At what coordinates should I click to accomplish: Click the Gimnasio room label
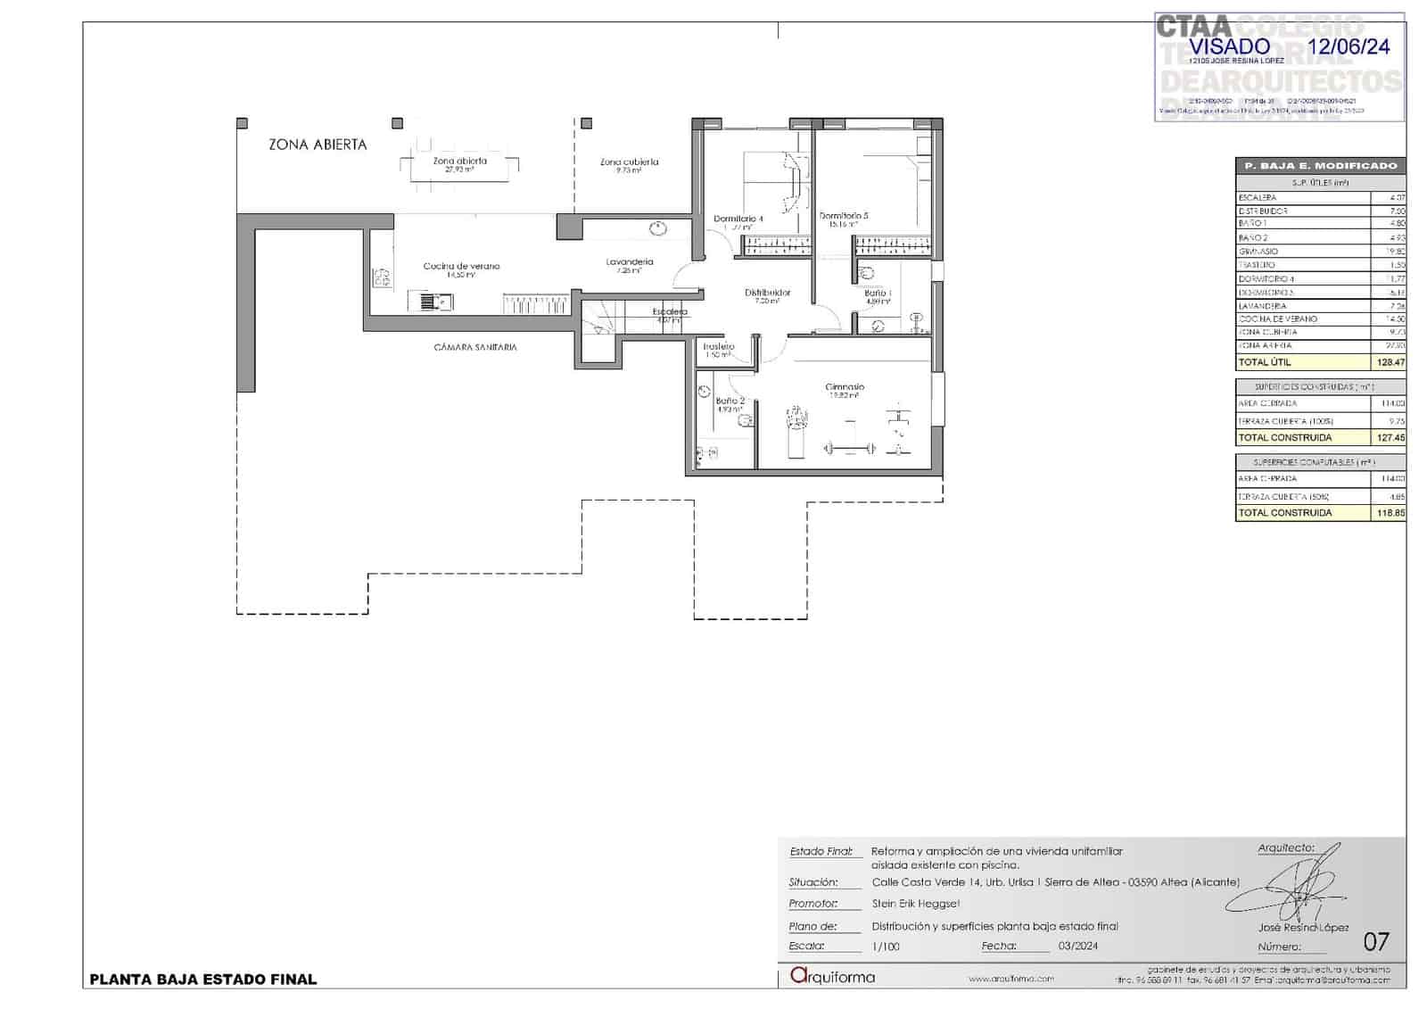844,387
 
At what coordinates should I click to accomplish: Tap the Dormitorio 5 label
843,215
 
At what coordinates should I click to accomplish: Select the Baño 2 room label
730,401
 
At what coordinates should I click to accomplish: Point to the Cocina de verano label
461,266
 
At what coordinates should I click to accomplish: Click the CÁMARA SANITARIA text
475,347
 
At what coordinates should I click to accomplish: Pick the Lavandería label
630,261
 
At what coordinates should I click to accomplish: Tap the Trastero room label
718,346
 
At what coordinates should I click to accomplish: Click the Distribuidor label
767,293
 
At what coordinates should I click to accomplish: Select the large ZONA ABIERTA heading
318,145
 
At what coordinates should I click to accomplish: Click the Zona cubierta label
629,162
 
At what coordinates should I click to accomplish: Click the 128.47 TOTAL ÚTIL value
1390,362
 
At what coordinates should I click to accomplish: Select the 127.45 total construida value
1390,437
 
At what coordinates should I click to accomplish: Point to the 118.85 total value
1390,513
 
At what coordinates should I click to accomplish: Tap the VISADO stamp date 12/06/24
1348,46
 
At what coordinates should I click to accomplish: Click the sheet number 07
1376,941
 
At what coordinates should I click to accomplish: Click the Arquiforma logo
833,977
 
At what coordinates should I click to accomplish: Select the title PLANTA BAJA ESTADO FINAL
203,980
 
